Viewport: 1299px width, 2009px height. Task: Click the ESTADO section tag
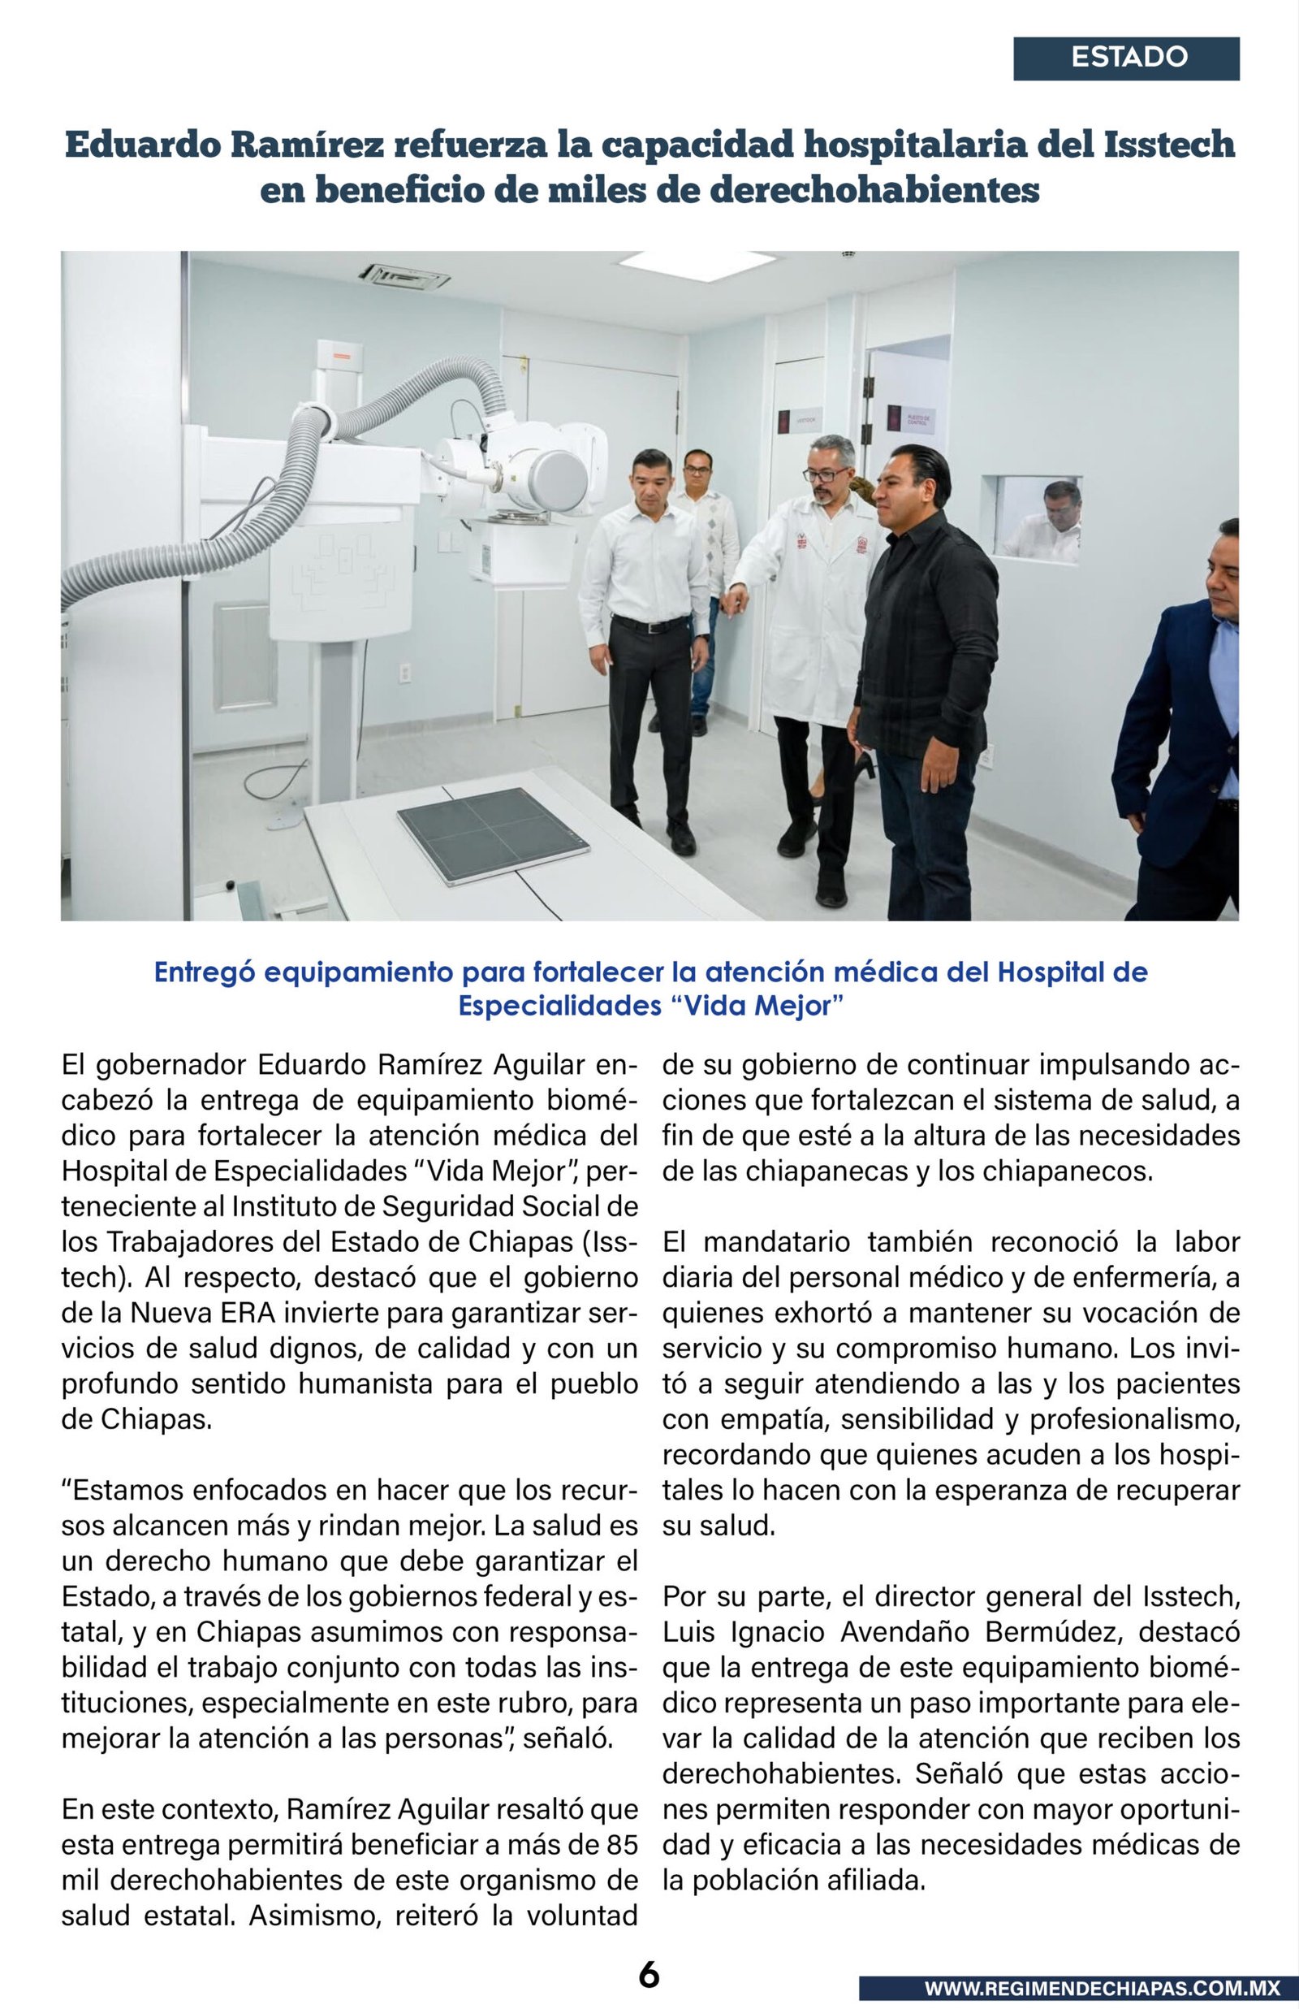[x=1127, y=58]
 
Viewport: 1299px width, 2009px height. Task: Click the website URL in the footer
[x=1102, y=1988]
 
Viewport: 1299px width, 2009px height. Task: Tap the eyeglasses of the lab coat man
[x=822, y=475]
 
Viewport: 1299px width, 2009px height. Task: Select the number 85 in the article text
[x=622, y=1846]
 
